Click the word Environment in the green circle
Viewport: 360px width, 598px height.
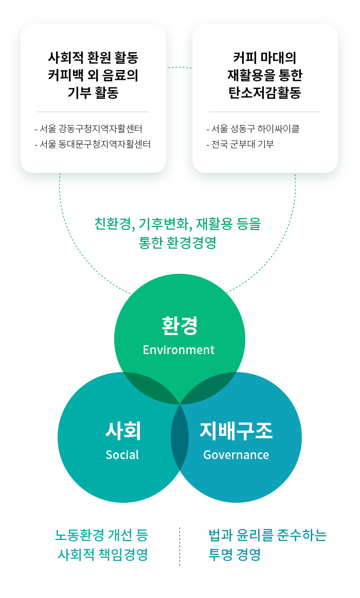coord(178,350)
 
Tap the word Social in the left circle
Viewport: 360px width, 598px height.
coord(122,454)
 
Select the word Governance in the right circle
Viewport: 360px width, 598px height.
coord(236,454)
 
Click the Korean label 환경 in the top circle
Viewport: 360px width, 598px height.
coord(179,326)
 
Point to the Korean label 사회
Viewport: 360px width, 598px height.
coord(123,431)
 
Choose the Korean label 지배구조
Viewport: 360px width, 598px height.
coord(236,431)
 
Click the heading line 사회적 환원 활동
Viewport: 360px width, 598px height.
coord(93,58)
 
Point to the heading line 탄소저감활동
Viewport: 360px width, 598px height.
coord(265,93)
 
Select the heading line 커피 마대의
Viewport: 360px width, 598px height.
coord(265,58)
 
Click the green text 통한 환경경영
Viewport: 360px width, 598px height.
coord(177,242)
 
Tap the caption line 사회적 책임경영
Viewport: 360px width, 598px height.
coord(103,554)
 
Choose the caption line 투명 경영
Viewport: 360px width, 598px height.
coord(235,554)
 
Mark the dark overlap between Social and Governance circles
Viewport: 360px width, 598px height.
coord(180,437)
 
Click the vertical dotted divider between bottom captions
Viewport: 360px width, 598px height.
coord(180,546)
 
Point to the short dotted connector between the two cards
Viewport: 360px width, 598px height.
coord(179,67)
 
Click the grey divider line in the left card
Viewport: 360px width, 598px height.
coord(93,112)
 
